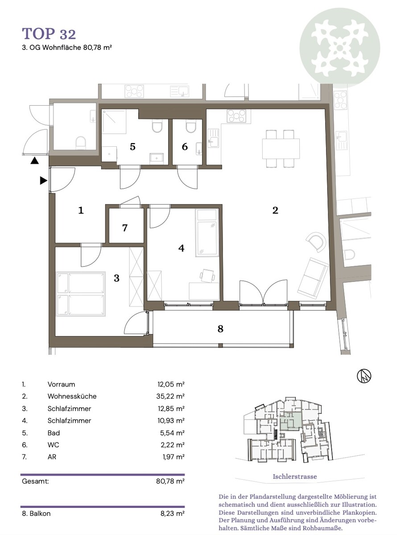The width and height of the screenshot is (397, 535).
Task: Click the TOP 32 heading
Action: point(49,33)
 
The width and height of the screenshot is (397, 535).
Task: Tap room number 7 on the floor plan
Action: point(125,228)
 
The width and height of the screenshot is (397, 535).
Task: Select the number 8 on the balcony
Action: point(220,329)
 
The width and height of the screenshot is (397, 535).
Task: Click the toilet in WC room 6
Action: point(191,127)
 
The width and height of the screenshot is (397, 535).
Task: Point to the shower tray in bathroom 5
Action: point(114,122)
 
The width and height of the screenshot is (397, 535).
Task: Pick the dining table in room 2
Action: point(281,148)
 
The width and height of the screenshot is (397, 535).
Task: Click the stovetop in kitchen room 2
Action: point(236,116)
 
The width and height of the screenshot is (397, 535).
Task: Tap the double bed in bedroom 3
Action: point(81,294)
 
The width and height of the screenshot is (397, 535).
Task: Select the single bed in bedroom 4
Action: point(207,233)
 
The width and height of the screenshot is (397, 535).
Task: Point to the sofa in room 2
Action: point(313,278)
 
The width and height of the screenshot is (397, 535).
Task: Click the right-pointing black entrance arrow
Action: point(43,181)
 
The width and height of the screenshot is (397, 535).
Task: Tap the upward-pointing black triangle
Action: point(34,160)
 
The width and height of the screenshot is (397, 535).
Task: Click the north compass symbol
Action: point(364,376)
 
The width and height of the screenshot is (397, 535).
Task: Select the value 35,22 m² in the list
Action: point(170,396)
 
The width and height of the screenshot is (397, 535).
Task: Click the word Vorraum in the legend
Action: point(61,384)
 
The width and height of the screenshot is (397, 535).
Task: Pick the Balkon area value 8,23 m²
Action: point(173,513)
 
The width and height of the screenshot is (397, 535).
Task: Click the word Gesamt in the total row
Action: point(35,481)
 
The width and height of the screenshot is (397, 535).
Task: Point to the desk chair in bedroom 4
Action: point(207,276)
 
